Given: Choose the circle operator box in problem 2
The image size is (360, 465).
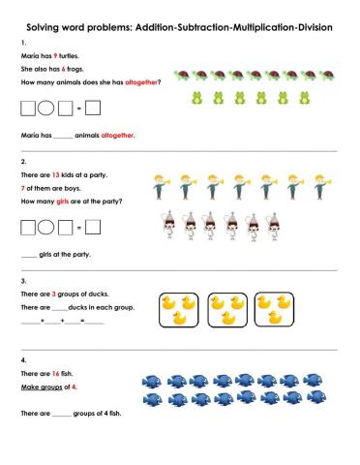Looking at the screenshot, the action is (46, 229).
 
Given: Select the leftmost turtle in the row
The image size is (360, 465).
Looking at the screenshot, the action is (181, 73).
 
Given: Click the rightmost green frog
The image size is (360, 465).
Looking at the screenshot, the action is (283, 97).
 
